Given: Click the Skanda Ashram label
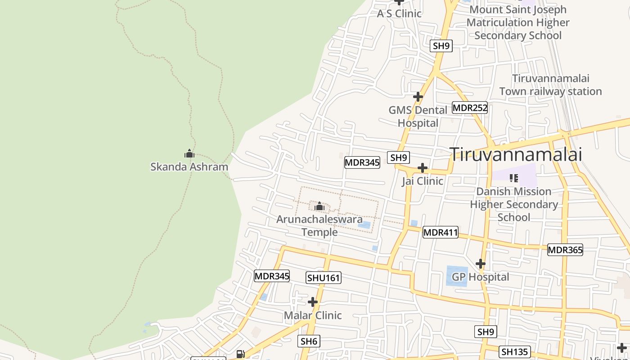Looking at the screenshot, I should point(189,167).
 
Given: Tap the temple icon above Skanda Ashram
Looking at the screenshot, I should point(189,154).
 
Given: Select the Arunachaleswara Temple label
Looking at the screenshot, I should point(319,226).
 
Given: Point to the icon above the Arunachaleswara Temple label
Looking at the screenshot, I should point(319,207).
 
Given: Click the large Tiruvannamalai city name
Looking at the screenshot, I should point(516,154).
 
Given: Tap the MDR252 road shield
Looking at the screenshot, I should point(470,108).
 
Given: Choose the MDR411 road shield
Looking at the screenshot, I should point(441,232).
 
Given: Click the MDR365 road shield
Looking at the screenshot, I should point(565,250).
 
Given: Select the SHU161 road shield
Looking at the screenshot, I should point(324,278).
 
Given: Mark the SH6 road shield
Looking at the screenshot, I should point(309,342).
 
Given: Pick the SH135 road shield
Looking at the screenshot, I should point(515,351).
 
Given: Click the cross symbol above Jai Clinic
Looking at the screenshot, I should point(422,168).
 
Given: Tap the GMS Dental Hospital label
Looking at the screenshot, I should point(418,117).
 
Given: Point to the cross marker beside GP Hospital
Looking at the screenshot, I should point(481,263).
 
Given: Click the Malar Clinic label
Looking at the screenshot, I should point(313,315).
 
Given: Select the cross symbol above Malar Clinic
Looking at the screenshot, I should point(313,301).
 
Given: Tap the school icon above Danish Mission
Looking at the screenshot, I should point(513,178).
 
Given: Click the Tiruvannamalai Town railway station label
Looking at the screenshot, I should point(550,85).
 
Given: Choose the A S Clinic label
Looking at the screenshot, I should point(399,13).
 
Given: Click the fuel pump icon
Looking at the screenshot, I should point(241,354).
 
